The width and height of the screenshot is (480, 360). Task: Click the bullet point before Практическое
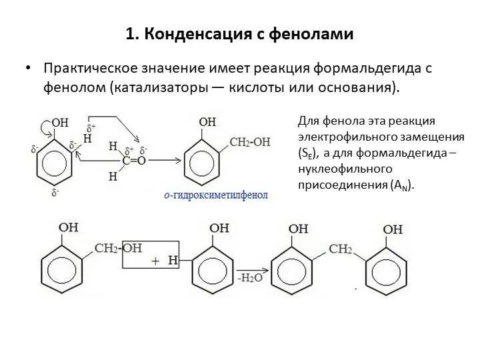pyautogui.click(x=29, y=69)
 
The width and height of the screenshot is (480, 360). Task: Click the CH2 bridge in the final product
pyautogui.click(x=339, y=249)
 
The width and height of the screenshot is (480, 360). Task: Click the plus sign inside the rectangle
pyautogui.click(x=155, y=262)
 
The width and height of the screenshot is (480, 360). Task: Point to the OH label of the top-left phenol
pyautogui.click(x=60, y=123)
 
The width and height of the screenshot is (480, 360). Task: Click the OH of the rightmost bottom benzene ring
pyautogui.click(x=393, y=229)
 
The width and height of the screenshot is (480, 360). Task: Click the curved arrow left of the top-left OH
pyautogui.click(x=44, y=125)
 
